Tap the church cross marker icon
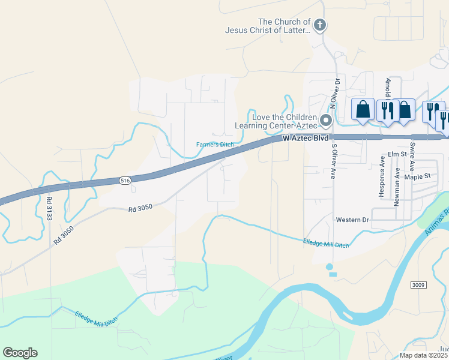point(321,25)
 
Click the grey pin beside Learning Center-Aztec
point(326,121)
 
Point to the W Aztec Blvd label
point(306,138)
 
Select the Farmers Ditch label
point(215,145)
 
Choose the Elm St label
point(397,154)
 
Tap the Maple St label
point(418,176)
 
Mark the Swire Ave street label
point(412,154)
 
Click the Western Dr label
point(352,220)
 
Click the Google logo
point(20,353)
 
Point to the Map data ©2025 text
point(424,355)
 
